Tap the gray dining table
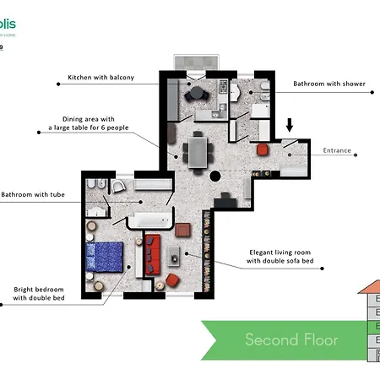tap(197, 152)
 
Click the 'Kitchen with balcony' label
tap(112, 78)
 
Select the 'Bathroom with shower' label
tap(328, 84)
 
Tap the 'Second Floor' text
tap(291, 340)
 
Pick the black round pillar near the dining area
tap(215, 177)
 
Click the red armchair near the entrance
tap(262, 149)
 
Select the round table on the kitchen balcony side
tap(197, 91)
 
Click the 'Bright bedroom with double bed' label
tap(46, 293)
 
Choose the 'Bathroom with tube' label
tap(34, 195)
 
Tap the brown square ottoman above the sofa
tap(183, 228)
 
